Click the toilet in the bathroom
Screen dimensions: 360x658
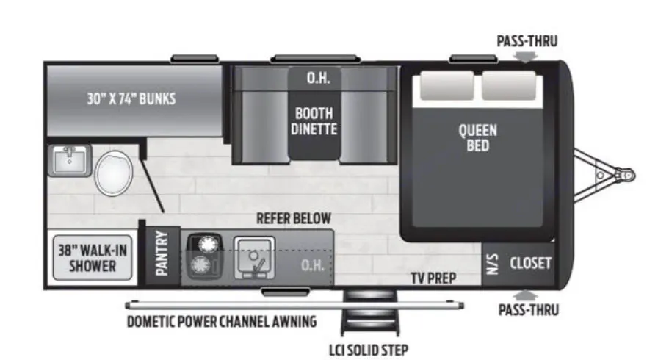(x=113, y=172)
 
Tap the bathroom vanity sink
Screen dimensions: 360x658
(x=70, y=159)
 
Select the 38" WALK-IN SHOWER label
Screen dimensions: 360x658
(x=93, y=257)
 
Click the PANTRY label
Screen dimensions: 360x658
(x=162, y=254)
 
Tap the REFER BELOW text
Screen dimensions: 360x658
(x=293, y=219)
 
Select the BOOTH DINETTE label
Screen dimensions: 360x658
(x=314, y=121)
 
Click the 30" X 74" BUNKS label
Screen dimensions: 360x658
(x=131, y=98)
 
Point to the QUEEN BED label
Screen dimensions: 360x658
(x=477, y=138)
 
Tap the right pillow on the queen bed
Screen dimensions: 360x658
(x=508, y=86)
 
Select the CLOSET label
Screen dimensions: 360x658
(x=530, y=263)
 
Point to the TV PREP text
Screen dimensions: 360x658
(x=433, y=278)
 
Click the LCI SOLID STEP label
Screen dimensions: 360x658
(x=369, y=350)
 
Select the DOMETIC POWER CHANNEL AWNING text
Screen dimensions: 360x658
(x=221, y=321)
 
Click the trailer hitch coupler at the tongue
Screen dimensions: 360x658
(x=624, y=176)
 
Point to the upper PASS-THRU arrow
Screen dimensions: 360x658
(x=526, y=57)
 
